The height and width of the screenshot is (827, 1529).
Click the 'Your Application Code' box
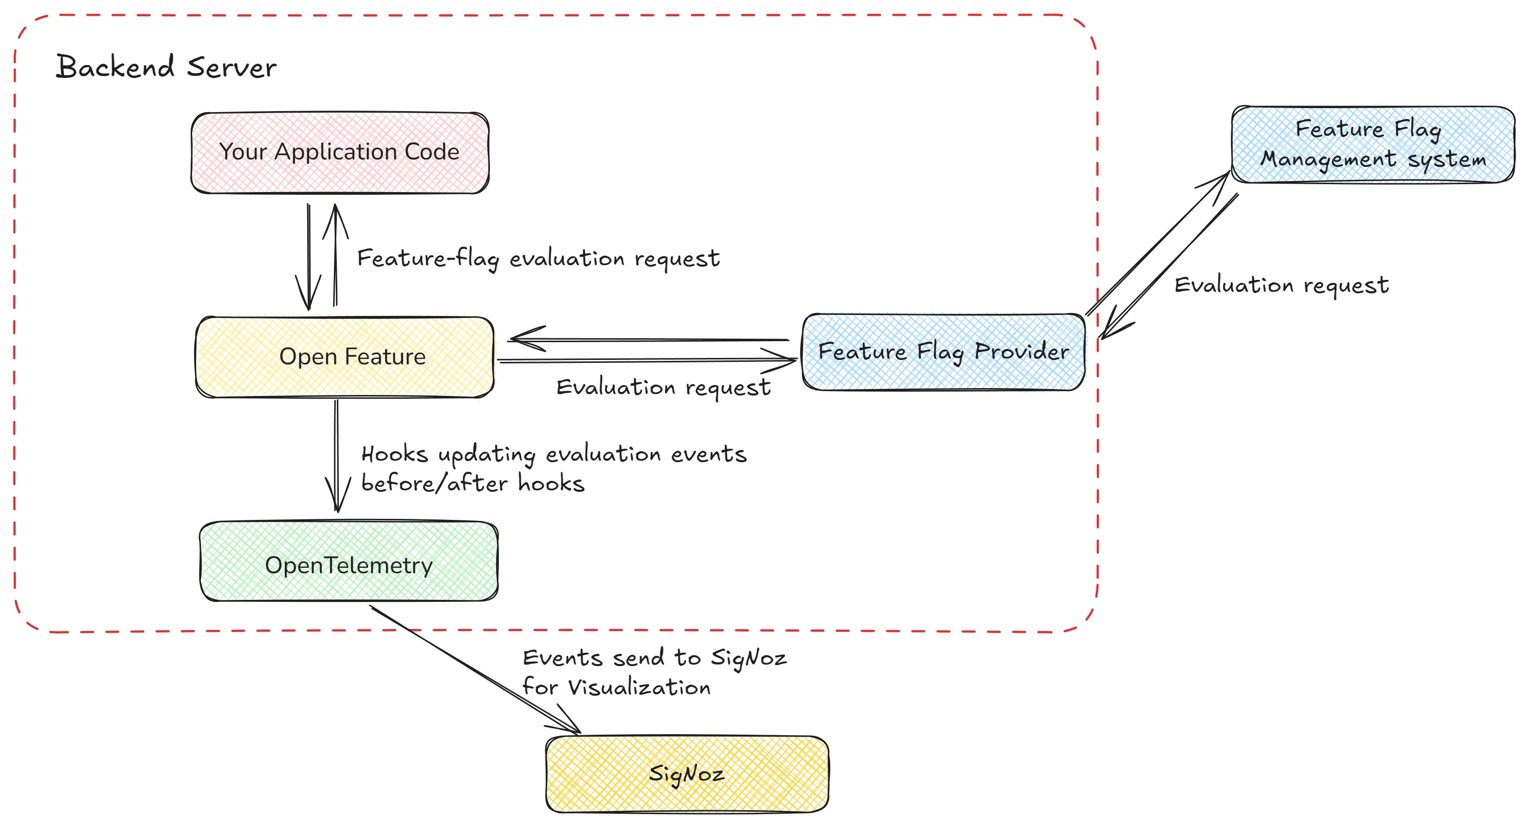pyautogui.click(x=339, y=153)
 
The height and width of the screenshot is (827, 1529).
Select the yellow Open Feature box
pyautogui.click(x=345, y=356)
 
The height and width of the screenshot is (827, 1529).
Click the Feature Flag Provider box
pyautogui.click(x=943, y=352)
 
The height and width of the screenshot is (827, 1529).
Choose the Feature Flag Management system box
pyautogui.click(x=1373, y=144)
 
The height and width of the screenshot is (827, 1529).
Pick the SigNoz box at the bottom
pyautogui.click(x=687, y=774)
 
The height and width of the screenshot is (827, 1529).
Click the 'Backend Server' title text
pyautogui.click(x=166, y=67)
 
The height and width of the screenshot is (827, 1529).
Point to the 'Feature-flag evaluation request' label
pyautogui.click(x=538, y=259)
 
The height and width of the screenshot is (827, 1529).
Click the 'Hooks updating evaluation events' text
pyautogui.click(x=553, y=454)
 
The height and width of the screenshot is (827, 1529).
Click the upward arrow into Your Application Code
pyautogui.click(x=335, y=255)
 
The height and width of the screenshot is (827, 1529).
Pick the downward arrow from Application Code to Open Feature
pyautogui.click(x=309, y=255)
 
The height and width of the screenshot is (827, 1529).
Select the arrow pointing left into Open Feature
pyautogui.click(x=647, y=340)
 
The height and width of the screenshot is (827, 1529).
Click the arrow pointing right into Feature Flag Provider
pyautogui.click(x=647, y=360)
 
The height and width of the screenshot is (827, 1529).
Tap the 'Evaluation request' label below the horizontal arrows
pyautogui.click(x=663, y=388)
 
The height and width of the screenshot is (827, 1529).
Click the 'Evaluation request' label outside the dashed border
pyautogui.click(x=1281, y=285)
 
